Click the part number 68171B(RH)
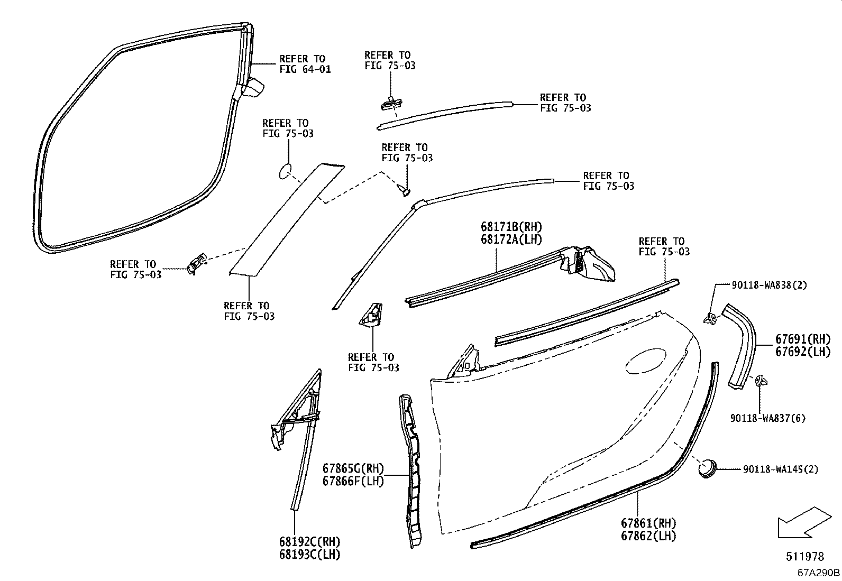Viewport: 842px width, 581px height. (x=511, y=227)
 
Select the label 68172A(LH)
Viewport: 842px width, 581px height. (x=511, y=239)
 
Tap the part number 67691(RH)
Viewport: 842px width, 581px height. (x=803, y=339)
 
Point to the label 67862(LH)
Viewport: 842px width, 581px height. (x=648, y=536)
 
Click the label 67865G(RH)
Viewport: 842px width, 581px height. (x=353, y=469)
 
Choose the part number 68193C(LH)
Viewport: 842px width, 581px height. (x=309, y=555)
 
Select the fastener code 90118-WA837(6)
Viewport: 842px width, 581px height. (x=768, y=418)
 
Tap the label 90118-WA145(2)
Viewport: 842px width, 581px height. (x=780, y=469)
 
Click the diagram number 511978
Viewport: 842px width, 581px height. (x=804, y=556)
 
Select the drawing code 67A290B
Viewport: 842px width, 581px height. (x=819, y=573)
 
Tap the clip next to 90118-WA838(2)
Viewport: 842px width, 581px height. (x=710, y=318)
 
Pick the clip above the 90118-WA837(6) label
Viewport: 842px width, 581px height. (x=761, y=380)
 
